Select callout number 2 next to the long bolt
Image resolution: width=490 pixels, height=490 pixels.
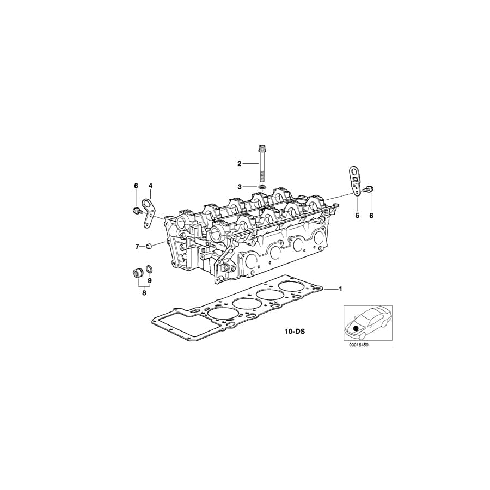(x=239, y=163)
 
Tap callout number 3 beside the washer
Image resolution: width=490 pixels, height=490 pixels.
(x=239, y=187)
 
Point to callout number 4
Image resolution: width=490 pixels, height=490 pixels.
(x=151, y=186)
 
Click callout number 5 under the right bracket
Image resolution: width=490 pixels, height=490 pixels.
(x=358, y=216)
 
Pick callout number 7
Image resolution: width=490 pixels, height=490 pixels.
(x=137, y=247)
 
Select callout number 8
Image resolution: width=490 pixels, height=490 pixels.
(x=144, y=293)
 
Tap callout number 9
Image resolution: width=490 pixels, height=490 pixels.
(x=150, y=281)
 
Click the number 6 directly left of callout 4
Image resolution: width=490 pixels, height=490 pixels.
(x=136, y=186)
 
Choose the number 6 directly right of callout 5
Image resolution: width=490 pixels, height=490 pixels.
(x=371, y=216)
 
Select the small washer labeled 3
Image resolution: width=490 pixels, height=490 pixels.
(x=262, y=187)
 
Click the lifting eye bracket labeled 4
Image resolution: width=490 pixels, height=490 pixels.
(x=149, y=212)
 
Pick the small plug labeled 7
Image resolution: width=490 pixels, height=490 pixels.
(x=148, y=248)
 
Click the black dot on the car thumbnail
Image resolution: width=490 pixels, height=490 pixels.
(x=357, y=328)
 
